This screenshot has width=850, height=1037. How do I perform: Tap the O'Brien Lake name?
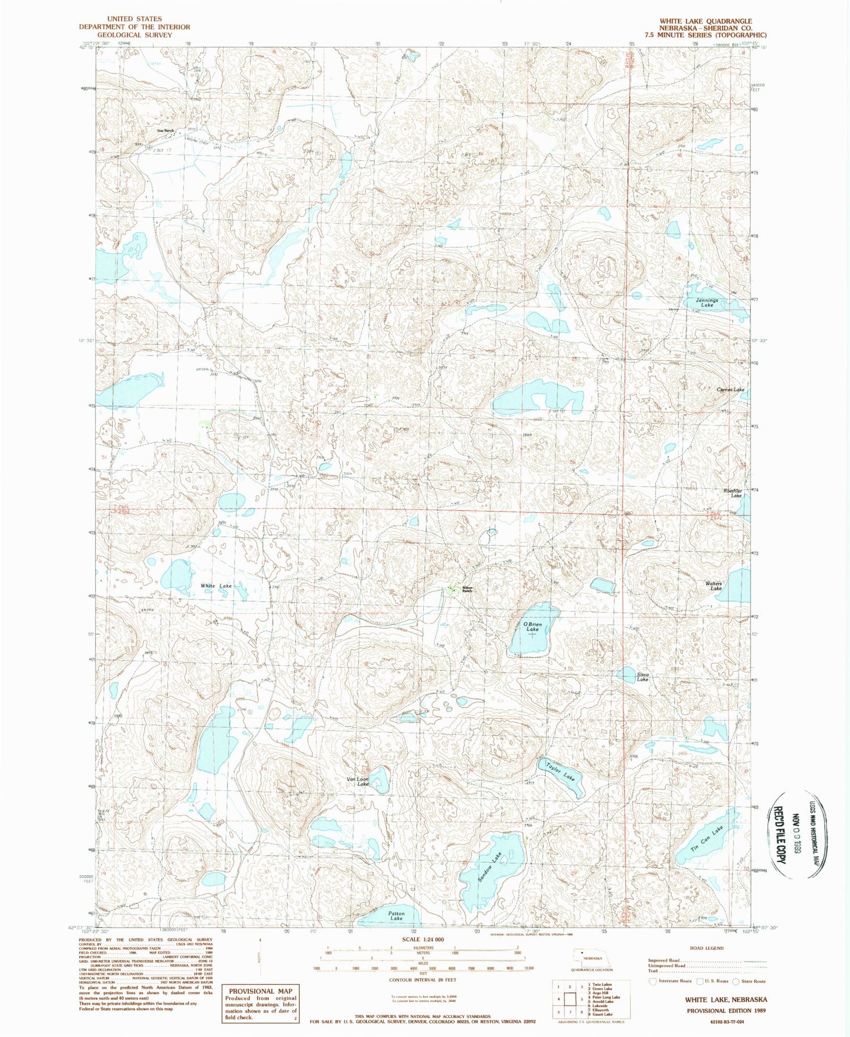pyautogui.click(x=532, y=627)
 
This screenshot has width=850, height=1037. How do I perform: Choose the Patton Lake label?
pyautogui.click(x=396, y=915)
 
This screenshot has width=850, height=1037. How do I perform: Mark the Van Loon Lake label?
pyautogui.click(x=358, y=781)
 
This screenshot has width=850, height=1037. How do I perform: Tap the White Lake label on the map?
pyautogui.click(x=216, y=585)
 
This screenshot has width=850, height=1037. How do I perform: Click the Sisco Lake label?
pyautogui.click(x=642, y=677)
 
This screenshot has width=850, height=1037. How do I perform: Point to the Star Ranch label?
pyautogui.click(x=165, y=131)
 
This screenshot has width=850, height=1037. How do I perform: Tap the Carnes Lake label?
pyautogui.click(x=730, y=390)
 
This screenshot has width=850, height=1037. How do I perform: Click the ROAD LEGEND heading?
pyautogui.click(x=706, y=948)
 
